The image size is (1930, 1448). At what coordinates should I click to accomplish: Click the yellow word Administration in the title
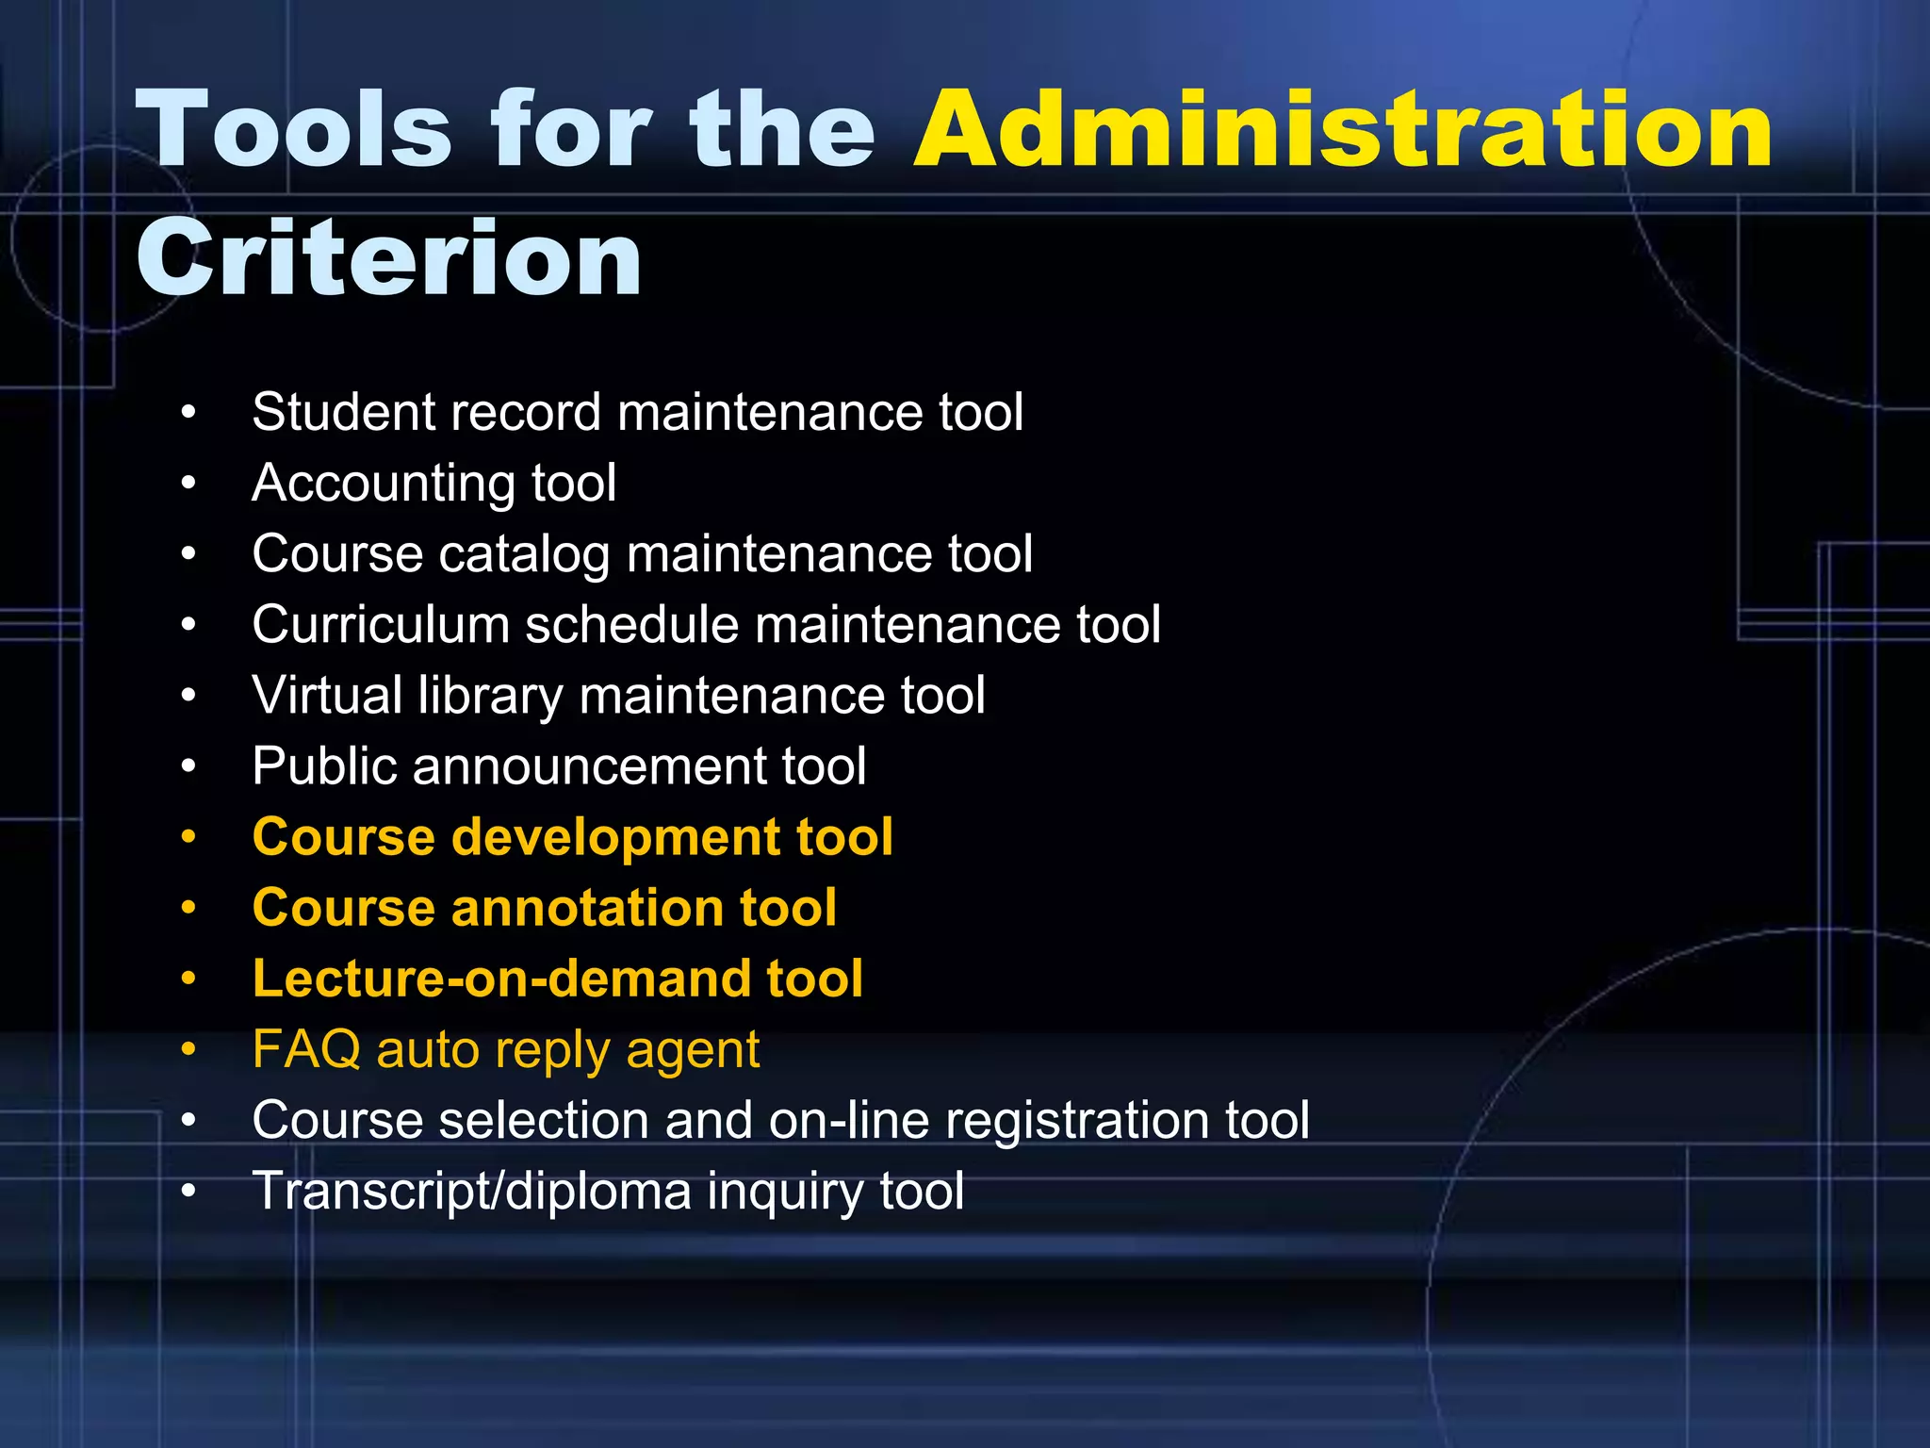(x=1343, y=130)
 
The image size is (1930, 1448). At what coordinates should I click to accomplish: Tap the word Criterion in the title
(x=389, y=258)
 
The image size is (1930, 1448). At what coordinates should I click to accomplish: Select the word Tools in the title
(x=293, y=130)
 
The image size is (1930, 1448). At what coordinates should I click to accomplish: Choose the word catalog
(x=524, y=554)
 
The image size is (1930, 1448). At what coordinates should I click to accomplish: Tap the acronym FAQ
(x=306, y=1049)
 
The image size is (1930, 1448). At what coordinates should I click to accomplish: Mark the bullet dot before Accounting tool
(x=189, y=484)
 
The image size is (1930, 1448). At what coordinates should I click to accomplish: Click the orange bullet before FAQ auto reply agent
(x=189, y=1049)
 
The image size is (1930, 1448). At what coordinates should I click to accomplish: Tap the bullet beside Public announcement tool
(x=189, y=766)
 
